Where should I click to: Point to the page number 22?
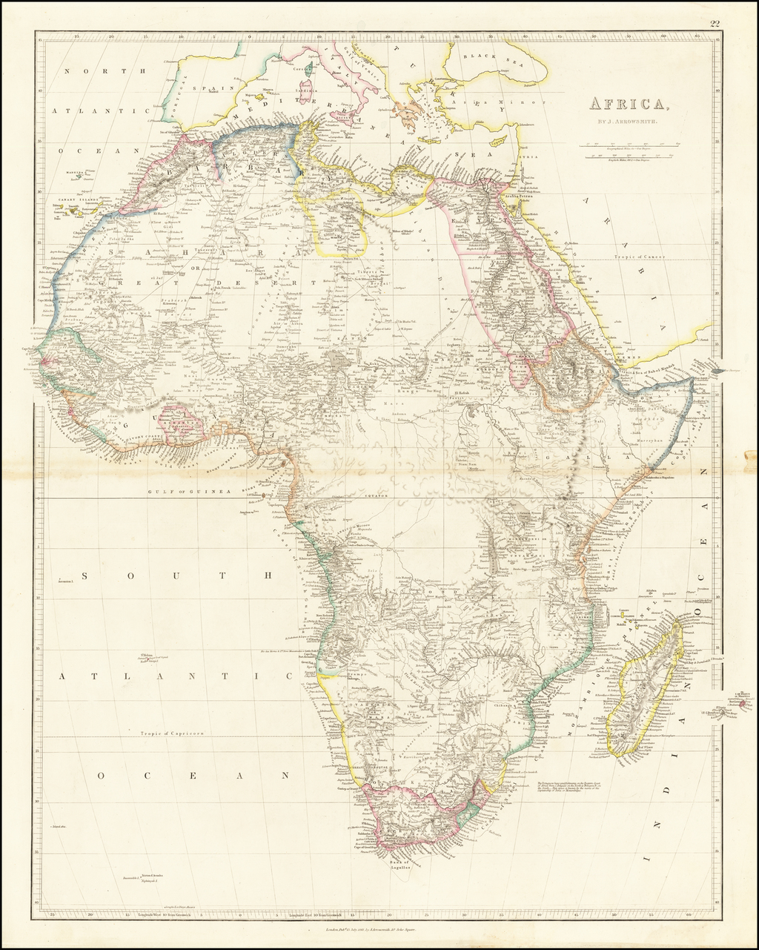(x=715, y=24)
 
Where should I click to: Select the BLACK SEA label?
(x=485, y=57)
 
